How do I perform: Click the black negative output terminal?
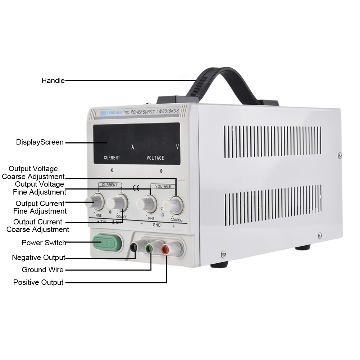click(x=134, y=247)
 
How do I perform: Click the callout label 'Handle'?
click(x=53, y=81)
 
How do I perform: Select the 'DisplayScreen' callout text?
click(x=40, y=142)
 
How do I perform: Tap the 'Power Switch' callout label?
click(x=44, y=243)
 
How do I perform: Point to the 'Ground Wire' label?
click(x=42, y=270)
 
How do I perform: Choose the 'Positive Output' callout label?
click(x=38, y=282)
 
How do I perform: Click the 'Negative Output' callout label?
click(x=38, y=258)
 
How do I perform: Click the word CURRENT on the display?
click(x=112, y=158)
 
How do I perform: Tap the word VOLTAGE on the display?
click(x=155, y=158)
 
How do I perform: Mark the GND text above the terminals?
click(x=157, y=225)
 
